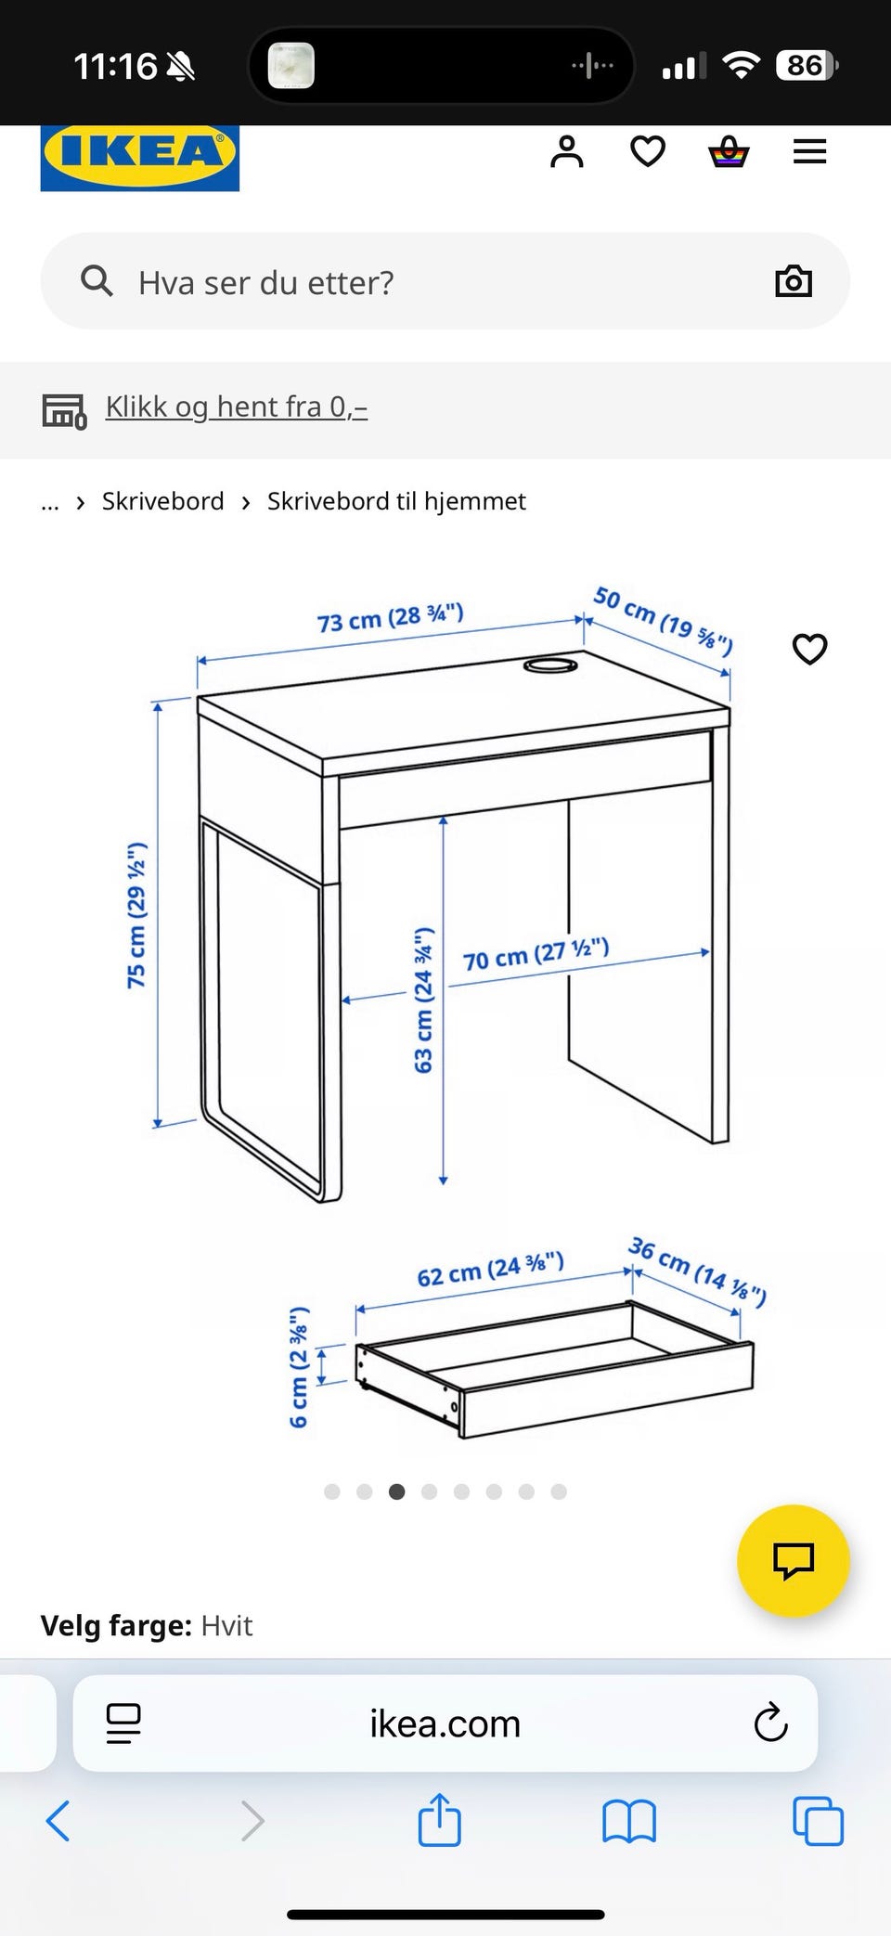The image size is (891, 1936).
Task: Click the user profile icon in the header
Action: pyautogui.click(x=567, y=151)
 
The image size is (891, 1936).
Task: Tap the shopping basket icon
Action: pyautogui.click(x=729, y=151)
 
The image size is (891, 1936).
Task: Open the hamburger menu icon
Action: pyautogui.click(x=809, y=151)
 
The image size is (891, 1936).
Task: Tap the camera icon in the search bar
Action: pyautogui.click(x=794, y=281)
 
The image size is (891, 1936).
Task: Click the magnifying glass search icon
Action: pyautogui.click(x=97, y=280)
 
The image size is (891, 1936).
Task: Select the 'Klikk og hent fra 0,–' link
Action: pyautogui.click(x=237, y=407)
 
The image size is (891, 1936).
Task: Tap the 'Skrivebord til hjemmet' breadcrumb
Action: pyautogui.click(x=396, y=501)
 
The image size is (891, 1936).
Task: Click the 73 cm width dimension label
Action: pyautogui.click(x=390, y=617)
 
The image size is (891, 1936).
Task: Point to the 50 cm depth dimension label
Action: pyautogui.click(x=664, y=620)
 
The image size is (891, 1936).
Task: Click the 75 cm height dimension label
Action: pyautogui.click(x=136, y=915)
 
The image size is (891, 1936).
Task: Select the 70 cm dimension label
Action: pyautogui.click(x=536, y=954)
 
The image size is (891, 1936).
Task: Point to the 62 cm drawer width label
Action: pyautogui.click(x=490, y=1270)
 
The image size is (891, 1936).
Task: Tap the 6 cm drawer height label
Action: pyautogui.click(x=298, y=1368)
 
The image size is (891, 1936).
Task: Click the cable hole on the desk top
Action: pyautogui.click(x=550, y=665)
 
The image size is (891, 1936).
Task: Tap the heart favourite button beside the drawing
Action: pyautogui.click(x=810, y=649)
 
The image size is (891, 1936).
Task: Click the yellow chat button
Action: pyautogui.click(x=794, y=1561)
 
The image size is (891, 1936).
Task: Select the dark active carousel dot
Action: pyautogui.click(x=396, y=1491)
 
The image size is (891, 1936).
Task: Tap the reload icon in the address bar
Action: pyautogui.click(x=770, y=1723)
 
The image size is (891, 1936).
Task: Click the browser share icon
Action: pyautogui.click(x=440, y=1819)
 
